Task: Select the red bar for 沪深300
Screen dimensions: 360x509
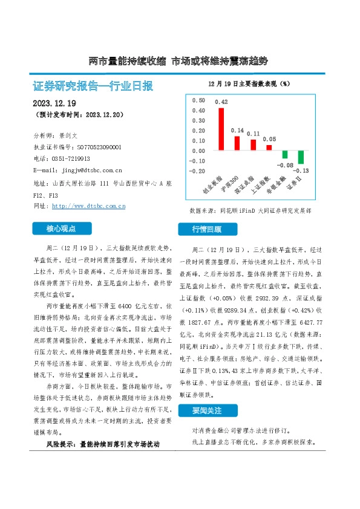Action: [x=237, y=143]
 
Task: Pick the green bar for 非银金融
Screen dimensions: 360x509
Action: [x=285, y=155]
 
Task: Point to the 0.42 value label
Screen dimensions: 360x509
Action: [x=221, y=102]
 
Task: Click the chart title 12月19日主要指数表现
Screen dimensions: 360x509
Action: [x=249, y=83]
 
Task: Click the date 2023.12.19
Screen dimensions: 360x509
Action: [x=54, y=103]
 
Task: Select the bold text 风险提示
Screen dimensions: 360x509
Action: [x=61, y=444]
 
